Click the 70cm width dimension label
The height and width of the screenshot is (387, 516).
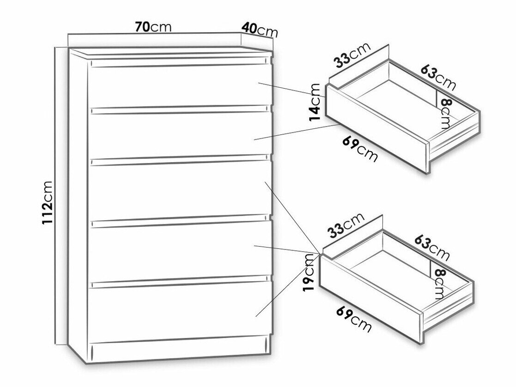pos(153,27)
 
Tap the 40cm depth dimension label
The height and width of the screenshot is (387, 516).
pos(260,29)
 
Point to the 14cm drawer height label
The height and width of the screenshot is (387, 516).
pos(315,103)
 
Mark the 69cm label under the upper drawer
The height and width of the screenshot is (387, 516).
pos(360,149)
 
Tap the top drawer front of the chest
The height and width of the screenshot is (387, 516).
pos(180,86)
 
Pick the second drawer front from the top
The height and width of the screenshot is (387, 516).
pos(180,135)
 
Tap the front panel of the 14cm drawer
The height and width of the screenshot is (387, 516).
pos(377,129)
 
